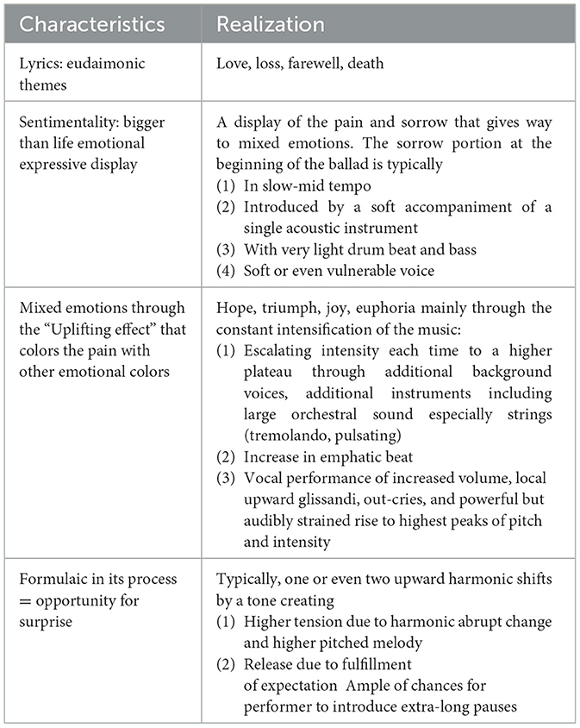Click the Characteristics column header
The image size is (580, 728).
[91, 23]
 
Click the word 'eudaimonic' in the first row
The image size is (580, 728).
[107, 64]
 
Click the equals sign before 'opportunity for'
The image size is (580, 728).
[23, 600]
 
